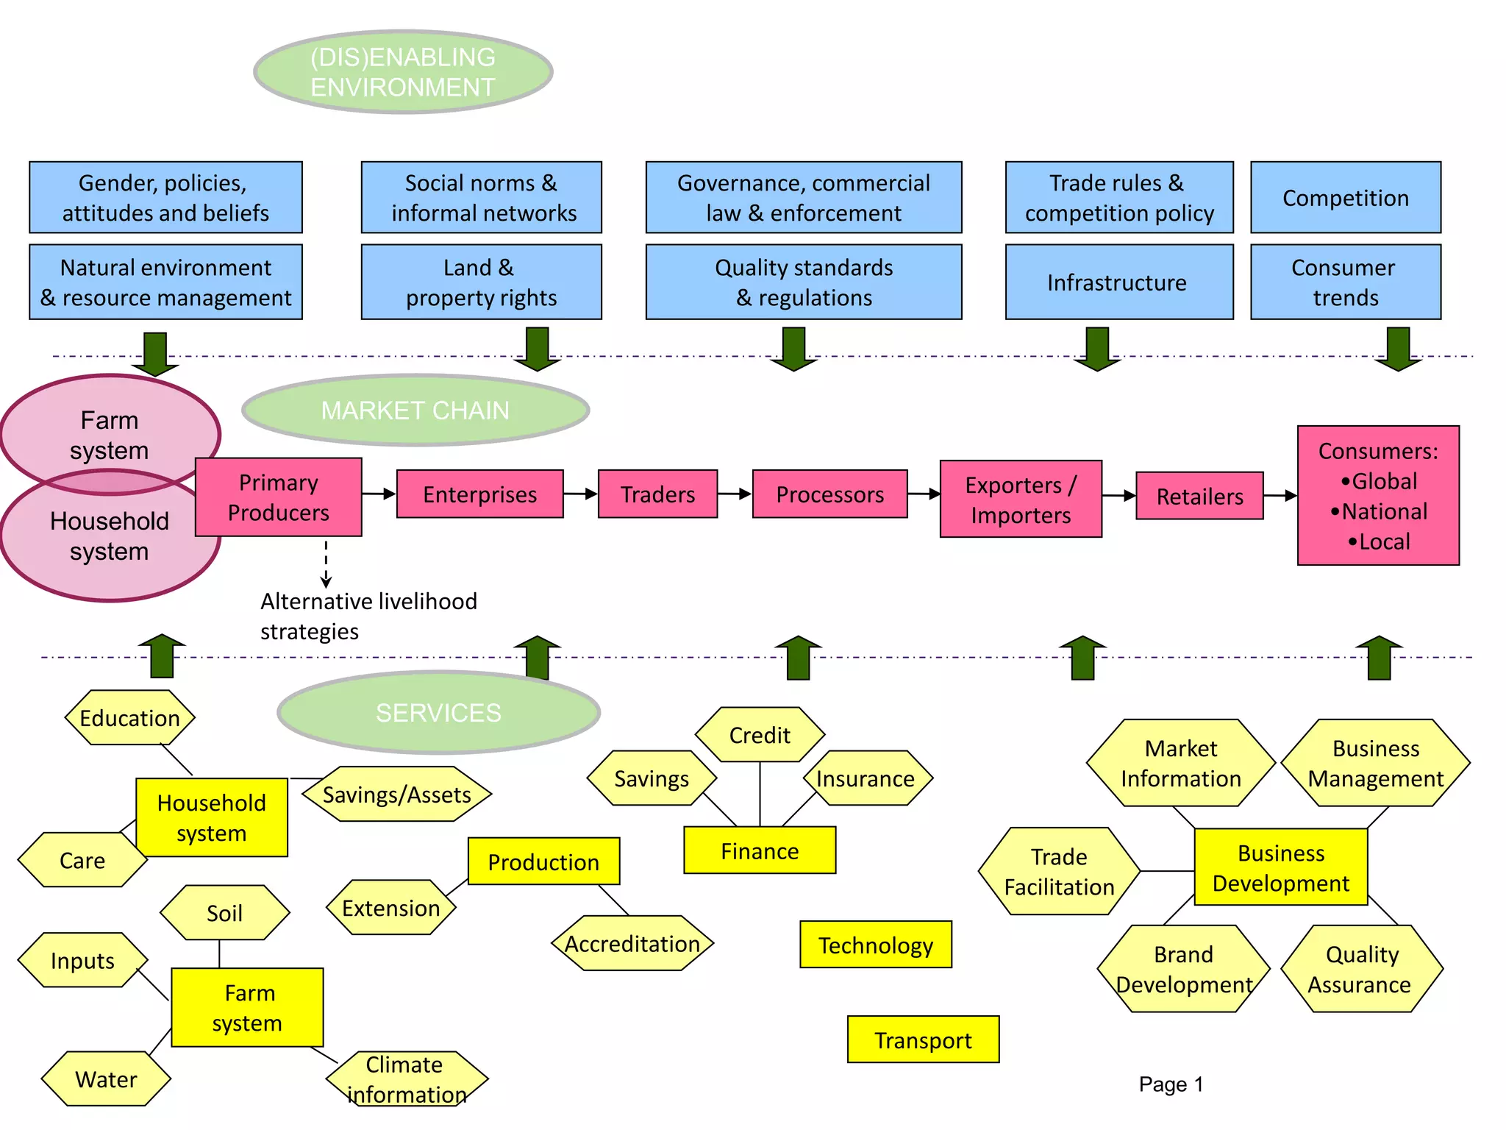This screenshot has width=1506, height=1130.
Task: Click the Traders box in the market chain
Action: click(x=657, y=494)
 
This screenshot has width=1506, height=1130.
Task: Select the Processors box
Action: click(x=829, y=494)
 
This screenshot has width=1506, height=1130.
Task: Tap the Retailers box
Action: click(x=1199, y=497)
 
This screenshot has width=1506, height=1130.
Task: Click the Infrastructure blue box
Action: click(x=1118, y=282)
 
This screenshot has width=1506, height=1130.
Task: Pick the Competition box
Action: click(x=1345, y=198)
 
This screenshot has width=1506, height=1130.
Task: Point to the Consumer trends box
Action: click(x=1345, y=282)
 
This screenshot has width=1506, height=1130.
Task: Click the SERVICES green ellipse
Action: click(x=438, y=712)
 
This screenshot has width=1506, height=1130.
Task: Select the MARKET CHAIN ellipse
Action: click(x=415, y=411)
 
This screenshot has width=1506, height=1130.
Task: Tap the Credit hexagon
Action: click(x=760, y=735)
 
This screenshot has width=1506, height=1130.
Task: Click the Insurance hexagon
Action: click(x=866, y=778)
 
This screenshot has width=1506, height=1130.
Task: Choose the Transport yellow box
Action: click(x=923, y=1040)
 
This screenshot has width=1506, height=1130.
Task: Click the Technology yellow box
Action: click(x=875, y=945)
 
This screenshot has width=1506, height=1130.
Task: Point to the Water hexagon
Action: click(x=106, y=1079)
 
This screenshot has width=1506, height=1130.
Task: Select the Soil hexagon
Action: click(x=224, y=913)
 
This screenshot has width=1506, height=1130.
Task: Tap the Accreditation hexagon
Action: click(x=632, y=944)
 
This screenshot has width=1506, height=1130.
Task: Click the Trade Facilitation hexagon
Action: click(x=1059, y=872)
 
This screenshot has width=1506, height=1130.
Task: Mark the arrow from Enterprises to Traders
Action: click(x=581, y=494)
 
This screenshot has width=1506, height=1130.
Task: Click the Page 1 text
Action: click(x=1171, y=1084)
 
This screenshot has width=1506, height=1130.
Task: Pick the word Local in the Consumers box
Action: click(x=1384, y=542)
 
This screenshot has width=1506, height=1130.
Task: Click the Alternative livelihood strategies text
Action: click(x=368, y=616)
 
